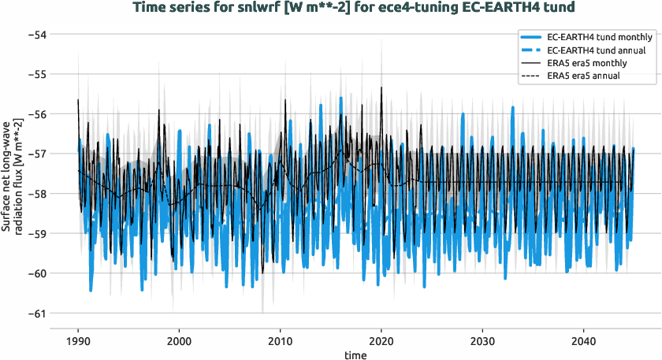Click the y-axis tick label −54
(x=35, y=35)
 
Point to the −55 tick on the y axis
(x=35, y=74)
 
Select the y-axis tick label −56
(x=35, y=114)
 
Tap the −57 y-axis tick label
(x=35, y=154)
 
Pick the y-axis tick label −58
(x=35, y=194)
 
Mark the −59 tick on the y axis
(x=35, y=233)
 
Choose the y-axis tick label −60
(x=35, y=273)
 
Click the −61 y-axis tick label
(x=35, y=313)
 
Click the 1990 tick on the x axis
(x=78, y=343)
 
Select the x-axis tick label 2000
(x=179, y=343)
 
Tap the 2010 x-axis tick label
(x=280, y=343)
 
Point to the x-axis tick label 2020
(x=381, y=343)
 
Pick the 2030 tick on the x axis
(x=482, y=343)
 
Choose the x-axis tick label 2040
(x=582, y=343)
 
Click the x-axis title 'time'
(x=355, y=355)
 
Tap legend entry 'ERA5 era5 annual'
(x=582, y=76)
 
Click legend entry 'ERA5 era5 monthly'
(x=586, y=63)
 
